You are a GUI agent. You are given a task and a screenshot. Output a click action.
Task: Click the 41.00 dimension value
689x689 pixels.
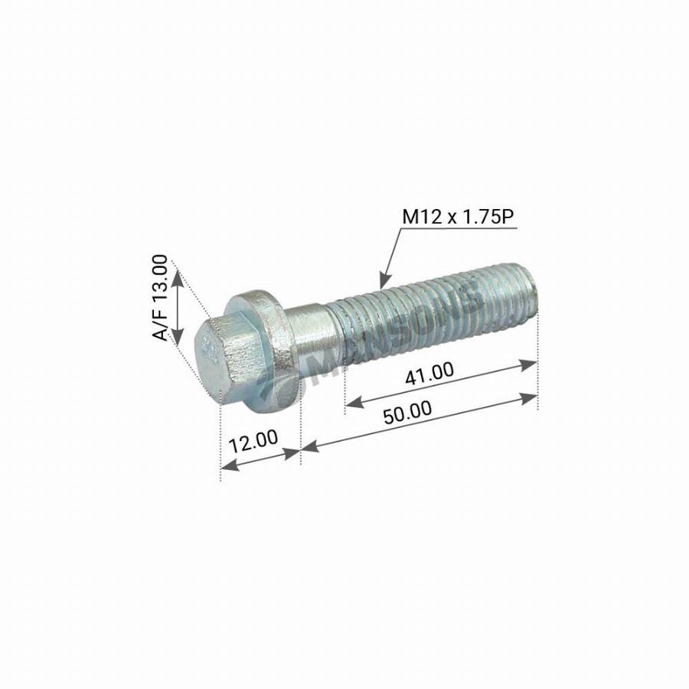[429, 372]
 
